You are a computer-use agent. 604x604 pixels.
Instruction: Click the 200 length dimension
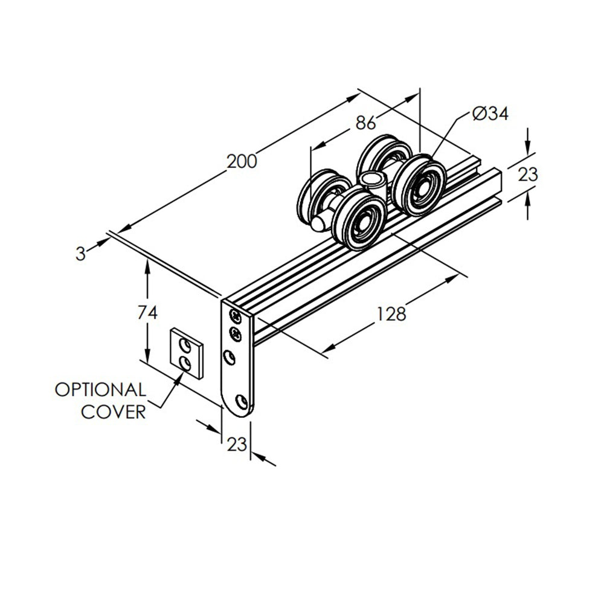pyautogui.click(x=242, y=161)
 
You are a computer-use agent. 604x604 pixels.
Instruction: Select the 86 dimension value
pyautogui.click(x=365, y=123)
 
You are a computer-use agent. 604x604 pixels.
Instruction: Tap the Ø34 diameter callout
pyautogui.click(x=490, y=114)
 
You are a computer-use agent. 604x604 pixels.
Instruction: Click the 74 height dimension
pyautogui.click(x=147, y=312)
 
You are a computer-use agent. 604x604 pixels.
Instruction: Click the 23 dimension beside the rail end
pyautogui.click(x=528, y=175)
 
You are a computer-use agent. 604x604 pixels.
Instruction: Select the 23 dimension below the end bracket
pyautogui.click(x=237, y=445)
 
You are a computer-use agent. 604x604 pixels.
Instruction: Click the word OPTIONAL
pyautogui.click(x=100, y=390)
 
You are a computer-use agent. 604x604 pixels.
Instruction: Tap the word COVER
pyautogui.click(x=114, y=412)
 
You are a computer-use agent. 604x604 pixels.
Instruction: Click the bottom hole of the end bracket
pyautogui.click(x=242, y=401)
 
